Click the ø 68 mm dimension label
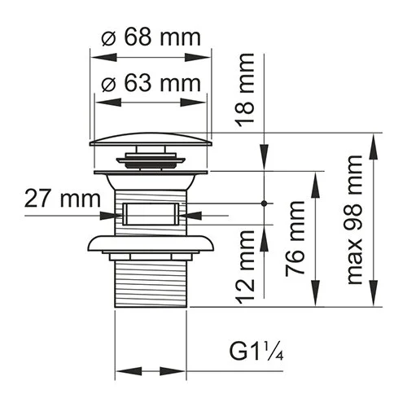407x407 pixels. pos(151,37)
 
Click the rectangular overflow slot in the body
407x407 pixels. pos(151,215)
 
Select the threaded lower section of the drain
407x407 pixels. pos(151,281)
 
